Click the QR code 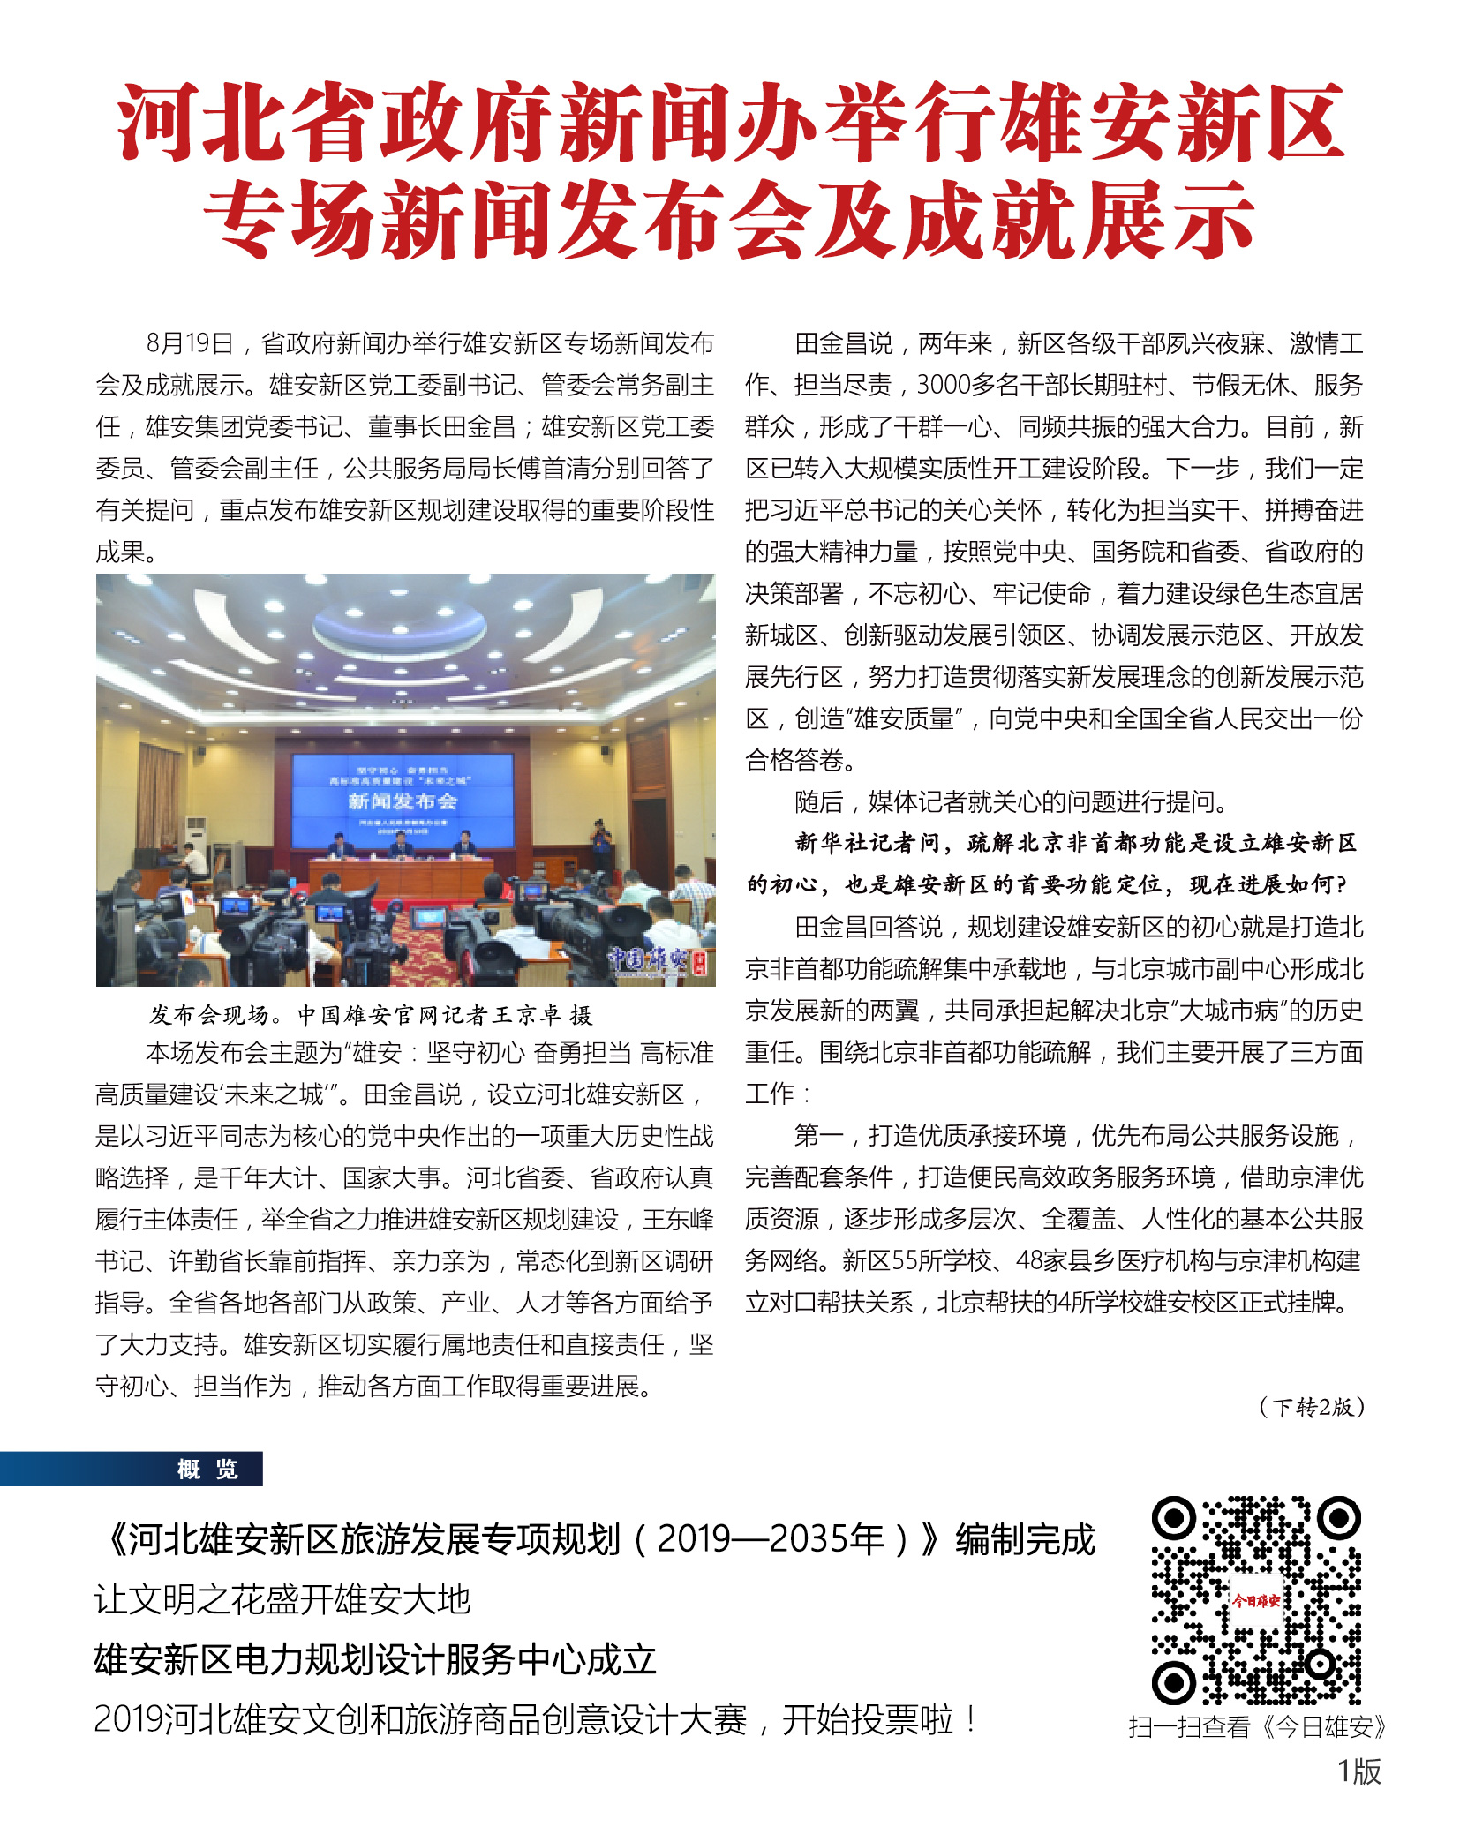(x=1255, y=1600)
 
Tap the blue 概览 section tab (x=207, y=1469)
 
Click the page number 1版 (x=1358, y=1771)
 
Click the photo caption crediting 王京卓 (x=371, y=1015)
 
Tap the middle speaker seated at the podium (x=402, y=846)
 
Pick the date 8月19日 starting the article (x=190, y=343)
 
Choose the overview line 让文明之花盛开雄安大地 (x=282, y=1599)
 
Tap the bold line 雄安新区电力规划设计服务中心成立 (x=375, y=1659)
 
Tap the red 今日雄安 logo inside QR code (x=1255, y=1600)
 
